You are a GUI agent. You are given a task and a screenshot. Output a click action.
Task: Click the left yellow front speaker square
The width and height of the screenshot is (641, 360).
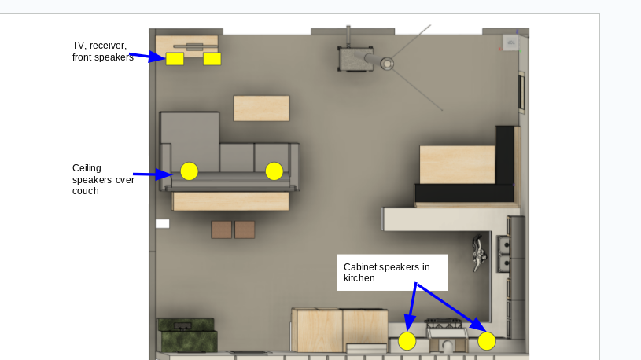coord(175,59)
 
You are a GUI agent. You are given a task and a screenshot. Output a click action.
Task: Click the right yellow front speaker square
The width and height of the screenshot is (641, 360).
coord(212,59)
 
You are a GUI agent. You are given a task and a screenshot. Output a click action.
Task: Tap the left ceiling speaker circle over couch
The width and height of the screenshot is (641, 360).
coord(190,171)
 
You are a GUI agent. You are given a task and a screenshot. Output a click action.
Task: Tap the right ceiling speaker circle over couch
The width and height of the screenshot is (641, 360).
coord(274,171)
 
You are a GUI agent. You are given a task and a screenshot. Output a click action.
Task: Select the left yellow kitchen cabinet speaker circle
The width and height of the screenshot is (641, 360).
coord(407,341)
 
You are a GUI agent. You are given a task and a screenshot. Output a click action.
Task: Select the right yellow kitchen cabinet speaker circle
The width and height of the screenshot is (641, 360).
coord(487,341)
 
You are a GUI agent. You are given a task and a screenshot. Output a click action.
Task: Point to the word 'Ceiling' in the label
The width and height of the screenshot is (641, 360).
coord(87,168)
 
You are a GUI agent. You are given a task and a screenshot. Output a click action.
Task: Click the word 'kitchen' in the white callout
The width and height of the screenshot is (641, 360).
coord(359,278)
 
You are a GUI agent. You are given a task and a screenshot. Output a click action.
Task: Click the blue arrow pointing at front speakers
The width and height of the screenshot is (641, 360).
coord(147,57)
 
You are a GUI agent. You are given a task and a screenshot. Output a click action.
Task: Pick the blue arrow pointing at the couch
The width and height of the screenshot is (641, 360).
coord(153,174)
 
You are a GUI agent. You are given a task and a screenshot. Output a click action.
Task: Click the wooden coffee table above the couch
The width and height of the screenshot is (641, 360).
coord(262,108)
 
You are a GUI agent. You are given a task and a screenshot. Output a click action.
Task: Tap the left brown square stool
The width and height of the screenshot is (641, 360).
coord(222,230)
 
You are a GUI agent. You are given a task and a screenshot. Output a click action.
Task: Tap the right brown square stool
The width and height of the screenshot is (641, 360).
coord(245,230)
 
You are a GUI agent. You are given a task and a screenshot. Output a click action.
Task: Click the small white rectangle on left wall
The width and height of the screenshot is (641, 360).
coord(162,223)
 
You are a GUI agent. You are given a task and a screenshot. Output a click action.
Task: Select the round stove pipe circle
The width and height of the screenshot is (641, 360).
coord(387,64)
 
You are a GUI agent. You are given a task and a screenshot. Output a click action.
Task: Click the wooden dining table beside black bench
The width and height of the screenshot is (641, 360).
coord(457,164)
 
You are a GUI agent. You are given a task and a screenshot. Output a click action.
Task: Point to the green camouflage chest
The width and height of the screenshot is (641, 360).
coord(188,335)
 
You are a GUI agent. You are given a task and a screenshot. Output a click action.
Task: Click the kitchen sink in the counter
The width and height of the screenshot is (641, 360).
coord(503,254)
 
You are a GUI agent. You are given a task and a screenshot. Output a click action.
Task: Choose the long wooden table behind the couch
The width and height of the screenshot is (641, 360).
coord(231,201)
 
